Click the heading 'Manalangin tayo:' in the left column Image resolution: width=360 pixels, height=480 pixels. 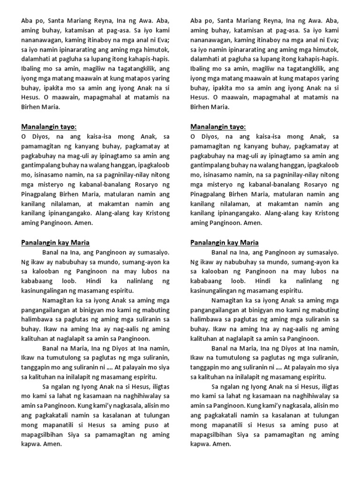(x=49, y=127)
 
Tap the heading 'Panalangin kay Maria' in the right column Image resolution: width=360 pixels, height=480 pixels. (x=224, y=242)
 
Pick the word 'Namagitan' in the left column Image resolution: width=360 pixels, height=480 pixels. (x=59, y=300)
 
